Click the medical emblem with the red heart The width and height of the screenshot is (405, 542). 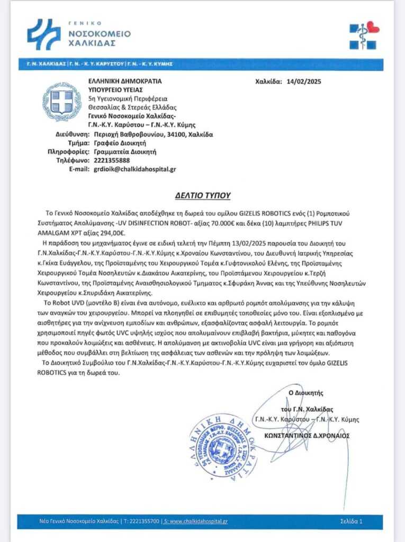click(364, 35)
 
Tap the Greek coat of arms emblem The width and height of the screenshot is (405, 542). click(62, 102)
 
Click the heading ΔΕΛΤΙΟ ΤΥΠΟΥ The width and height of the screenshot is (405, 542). click(203, 195)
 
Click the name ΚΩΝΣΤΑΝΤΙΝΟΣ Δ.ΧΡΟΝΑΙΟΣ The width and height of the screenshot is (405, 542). click(307, 436)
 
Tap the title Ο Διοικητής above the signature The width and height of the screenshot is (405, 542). click(305, 393)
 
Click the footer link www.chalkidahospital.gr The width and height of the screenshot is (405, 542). click(197, 521)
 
